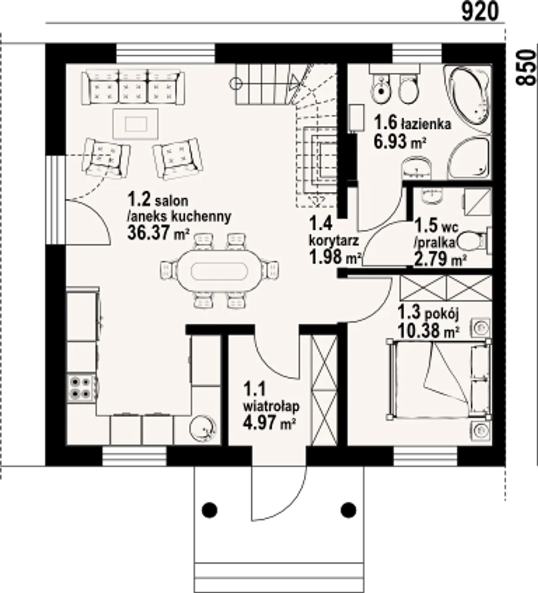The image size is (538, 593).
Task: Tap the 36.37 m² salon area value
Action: coord(158,233)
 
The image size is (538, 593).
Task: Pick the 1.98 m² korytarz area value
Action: coord(336,257)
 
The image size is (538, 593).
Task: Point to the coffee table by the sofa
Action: coord(136,123)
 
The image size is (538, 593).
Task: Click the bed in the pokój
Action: coord(439,379)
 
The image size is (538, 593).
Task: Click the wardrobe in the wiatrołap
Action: coord(324,388)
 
